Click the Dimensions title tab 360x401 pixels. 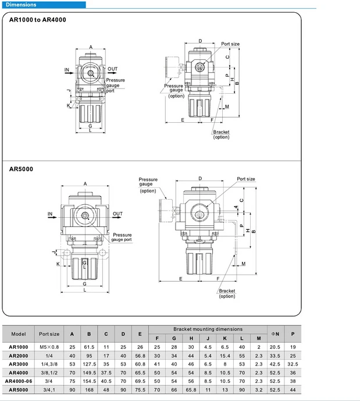pos(21,5)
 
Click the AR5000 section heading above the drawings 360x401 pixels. pos(21,169)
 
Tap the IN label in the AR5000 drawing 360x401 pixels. pos(51,214)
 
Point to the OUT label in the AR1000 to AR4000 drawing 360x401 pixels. pos(113,69)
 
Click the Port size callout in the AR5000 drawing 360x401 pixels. pos(246,179)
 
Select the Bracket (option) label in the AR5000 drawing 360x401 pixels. pos(227,293)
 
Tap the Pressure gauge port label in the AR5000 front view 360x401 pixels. pos(122,237)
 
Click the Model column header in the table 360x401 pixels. pos(19,334)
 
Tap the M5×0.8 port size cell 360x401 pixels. pos(49,347)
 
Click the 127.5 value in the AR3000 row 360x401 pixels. pos(90,363)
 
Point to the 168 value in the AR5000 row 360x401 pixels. pos(90,389)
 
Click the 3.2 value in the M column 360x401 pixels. pos(258,389)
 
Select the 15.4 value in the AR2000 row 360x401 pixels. pos(224,355)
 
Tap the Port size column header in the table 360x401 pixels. pos(49,334)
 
